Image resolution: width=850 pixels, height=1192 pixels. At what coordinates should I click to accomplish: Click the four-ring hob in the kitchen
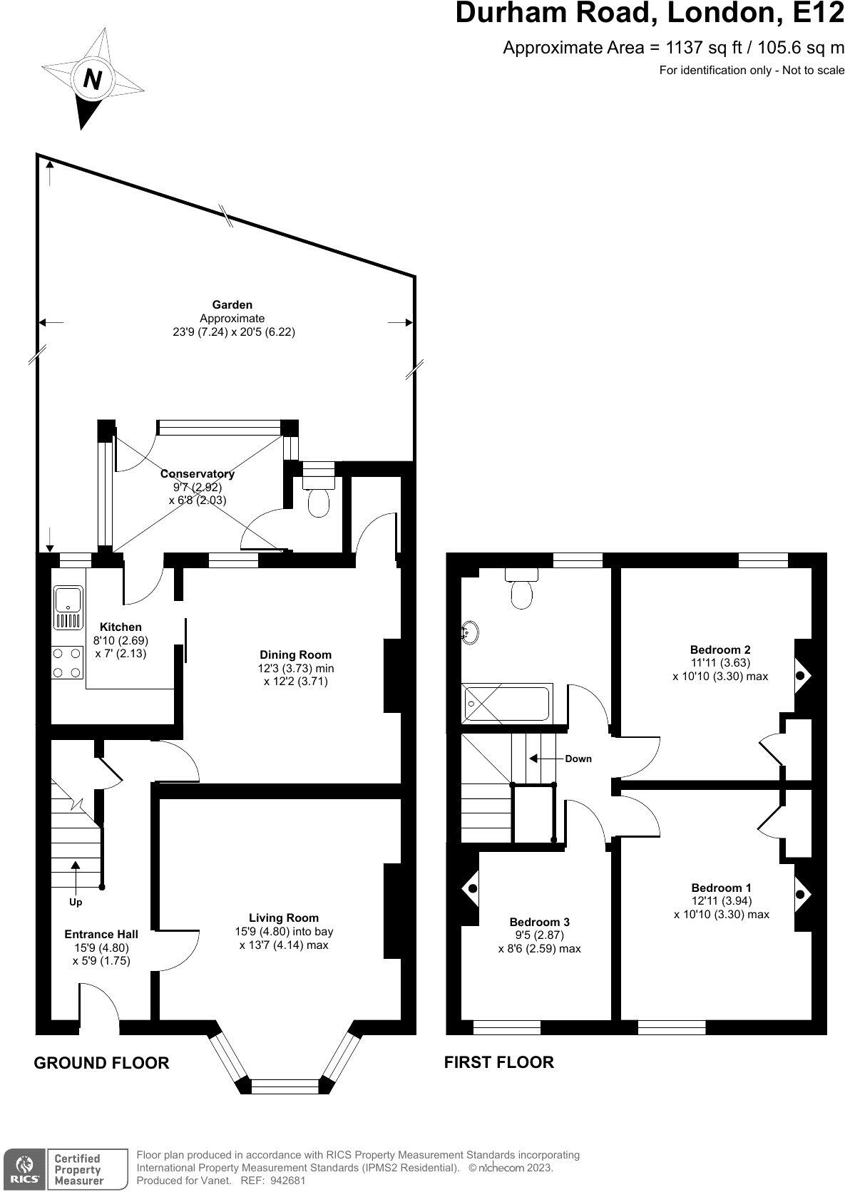(66, 662)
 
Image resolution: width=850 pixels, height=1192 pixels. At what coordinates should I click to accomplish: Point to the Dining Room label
(295, 654)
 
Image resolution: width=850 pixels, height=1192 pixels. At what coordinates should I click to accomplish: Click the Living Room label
(283, 918)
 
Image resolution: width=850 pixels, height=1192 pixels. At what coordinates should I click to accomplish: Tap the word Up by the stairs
(76, 902)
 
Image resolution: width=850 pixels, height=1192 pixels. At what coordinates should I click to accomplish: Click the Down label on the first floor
(578, 759)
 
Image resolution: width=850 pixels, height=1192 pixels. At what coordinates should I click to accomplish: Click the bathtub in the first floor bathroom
(506, 704)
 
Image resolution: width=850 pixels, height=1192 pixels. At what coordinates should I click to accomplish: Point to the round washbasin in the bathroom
(470, 632)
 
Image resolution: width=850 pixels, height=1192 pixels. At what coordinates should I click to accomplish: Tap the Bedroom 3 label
(539, 922)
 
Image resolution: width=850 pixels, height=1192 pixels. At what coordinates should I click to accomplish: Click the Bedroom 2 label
(720, 649)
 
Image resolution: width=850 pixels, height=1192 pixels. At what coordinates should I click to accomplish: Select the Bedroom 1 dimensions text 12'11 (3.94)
(721, 900)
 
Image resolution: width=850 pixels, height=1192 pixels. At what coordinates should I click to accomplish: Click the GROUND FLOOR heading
(101, 1063)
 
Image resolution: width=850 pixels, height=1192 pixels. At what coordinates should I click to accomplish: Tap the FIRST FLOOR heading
(498, 1062)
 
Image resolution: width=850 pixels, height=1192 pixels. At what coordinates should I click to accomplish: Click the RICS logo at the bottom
(22, 1168)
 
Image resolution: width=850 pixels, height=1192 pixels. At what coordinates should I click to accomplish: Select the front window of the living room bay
(285, 1086)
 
